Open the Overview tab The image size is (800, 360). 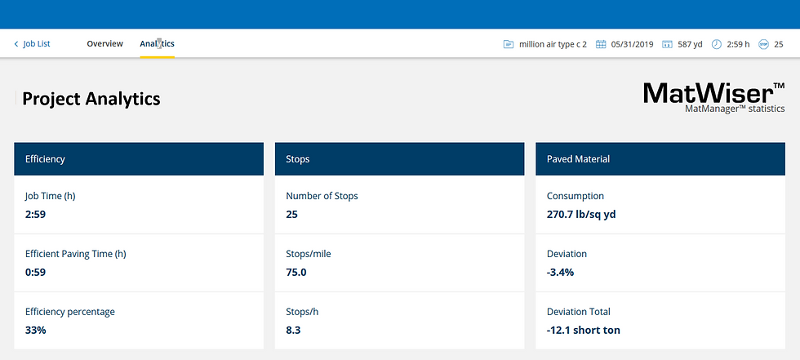104,44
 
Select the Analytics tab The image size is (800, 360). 157,44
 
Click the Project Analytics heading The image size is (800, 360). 91,99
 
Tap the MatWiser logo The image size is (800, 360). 713,96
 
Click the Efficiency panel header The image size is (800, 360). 138,159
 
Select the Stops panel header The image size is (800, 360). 399,159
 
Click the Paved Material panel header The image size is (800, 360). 660,159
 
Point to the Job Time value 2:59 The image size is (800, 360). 36,215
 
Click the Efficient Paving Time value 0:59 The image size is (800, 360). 36,273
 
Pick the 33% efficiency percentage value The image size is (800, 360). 36,331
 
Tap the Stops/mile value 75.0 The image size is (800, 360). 296,273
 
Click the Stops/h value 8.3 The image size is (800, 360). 294,331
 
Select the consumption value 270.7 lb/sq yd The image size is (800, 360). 587,215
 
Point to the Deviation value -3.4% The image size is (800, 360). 560,273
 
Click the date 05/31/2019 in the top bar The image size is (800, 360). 631,44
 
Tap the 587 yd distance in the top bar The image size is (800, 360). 689,44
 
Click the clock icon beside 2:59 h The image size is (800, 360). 716,44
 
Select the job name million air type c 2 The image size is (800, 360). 553,44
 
